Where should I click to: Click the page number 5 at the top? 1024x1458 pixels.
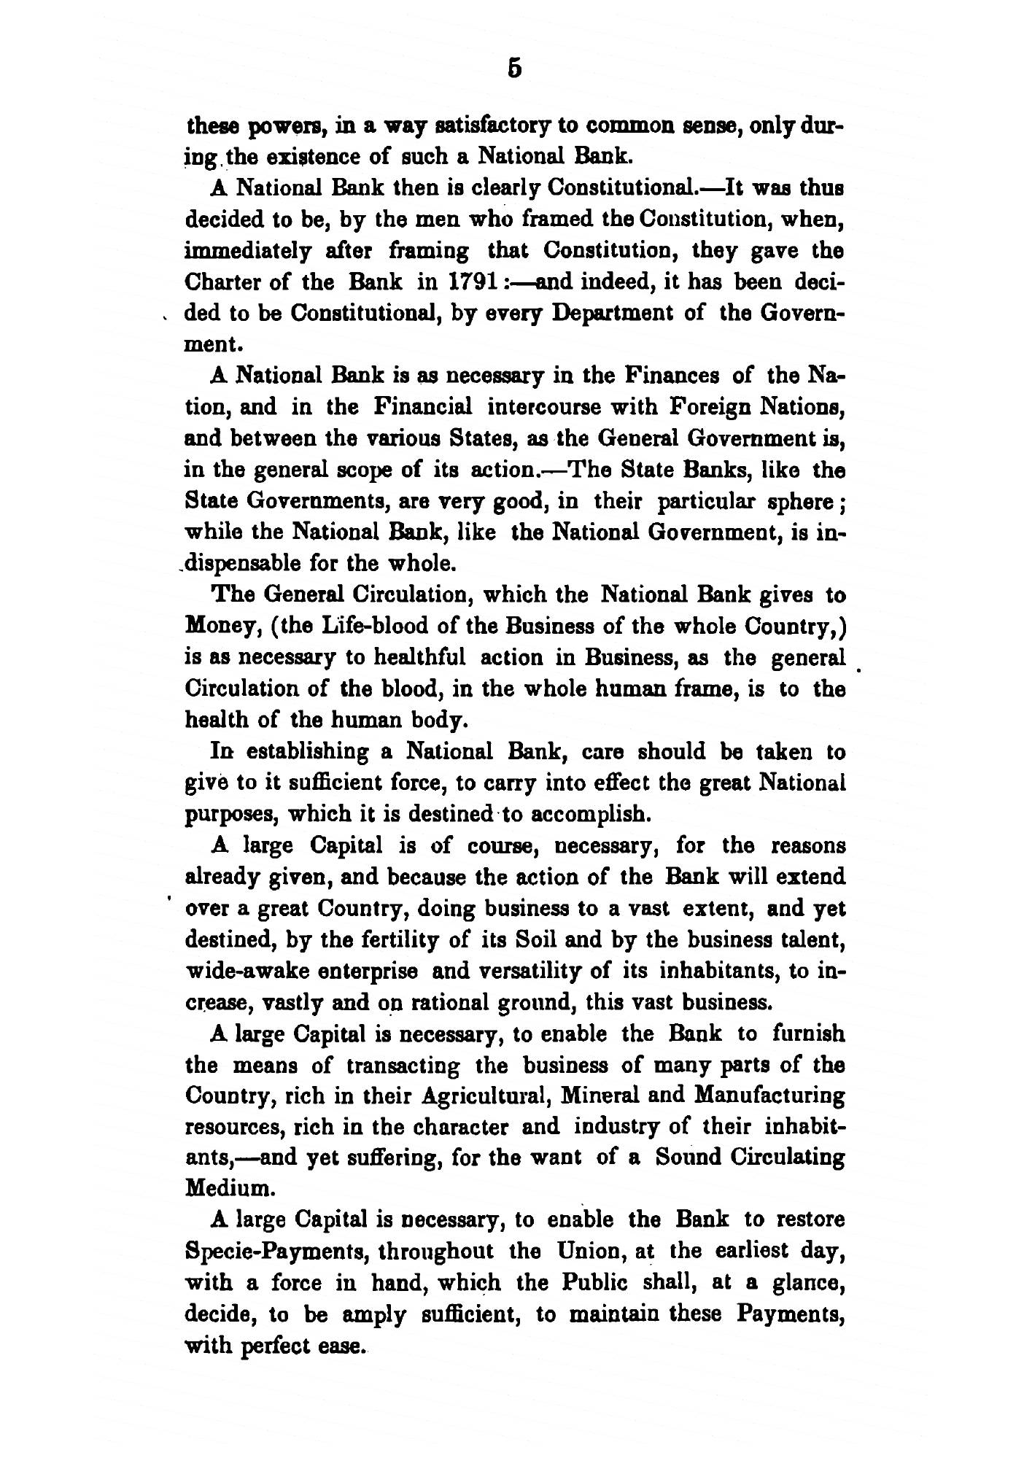point(514,68)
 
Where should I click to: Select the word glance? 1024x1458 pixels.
point(810,1284)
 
